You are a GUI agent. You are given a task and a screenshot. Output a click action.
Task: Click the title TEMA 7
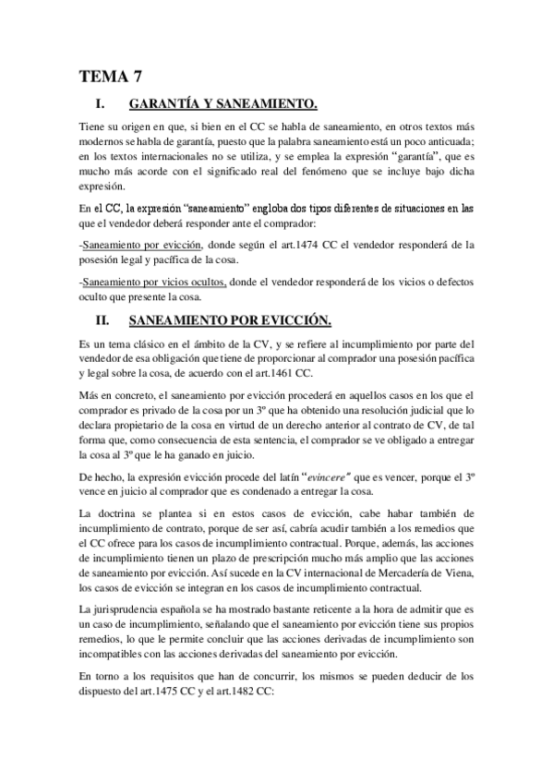point(109,77)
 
